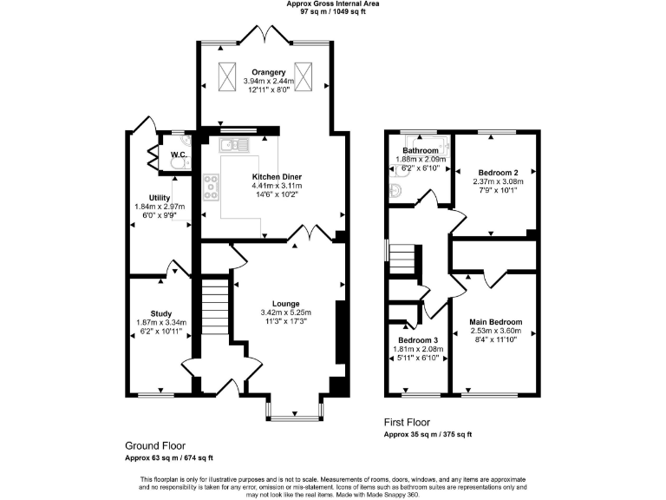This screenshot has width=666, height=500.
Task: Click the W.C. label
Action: (180, 155)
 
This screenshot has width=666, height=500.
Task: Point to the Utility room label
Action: (159, 198)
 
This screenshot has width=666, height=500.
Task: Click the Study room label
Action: (160, 313)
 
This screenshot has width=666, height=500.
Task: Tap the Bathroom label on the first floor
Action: (419, 150)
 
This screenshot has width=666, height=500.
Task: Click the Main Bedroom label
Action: (496, 321)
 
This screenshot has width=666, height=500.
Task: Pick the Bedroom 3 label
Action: (419, 339)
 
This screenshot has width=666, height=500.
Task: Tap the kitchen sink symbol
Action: (233, 145)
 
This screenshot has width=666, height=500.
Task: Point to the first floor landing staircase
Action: (402, 259)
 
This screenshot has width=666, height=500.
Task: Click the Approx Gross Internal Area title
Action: (333, 4)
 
